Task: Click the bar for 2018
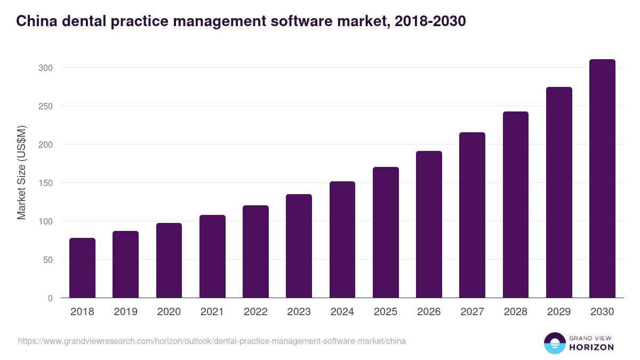tap(82, 268)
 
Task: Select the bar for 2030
tap(602, 179)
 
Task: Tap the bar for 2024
tap(342, 239)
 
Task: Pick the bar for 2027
tap(472, 215)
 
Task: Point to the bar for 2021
tap(212, 257)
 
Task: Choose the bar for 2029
tap(559, 193)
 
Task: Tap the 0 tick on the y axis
tap(50, 298)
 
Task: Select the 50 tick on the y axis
tap(48, 260)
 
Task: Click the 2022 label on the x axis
tap(255, 312)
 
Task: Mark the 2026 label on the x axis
tap(429, 312)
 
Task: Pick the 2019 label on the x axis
tap(125, 312)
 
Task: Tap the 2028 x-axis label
tap(515, 312)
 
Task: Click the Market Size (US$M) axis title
tap(21, 172)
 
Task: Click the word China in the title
tap(35, 21)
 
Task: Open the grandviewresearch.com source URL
tap(212, 341)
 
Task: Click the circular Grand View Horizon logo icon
tap(554, 343)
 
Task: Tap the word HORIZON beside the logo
tap(591, 347)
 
